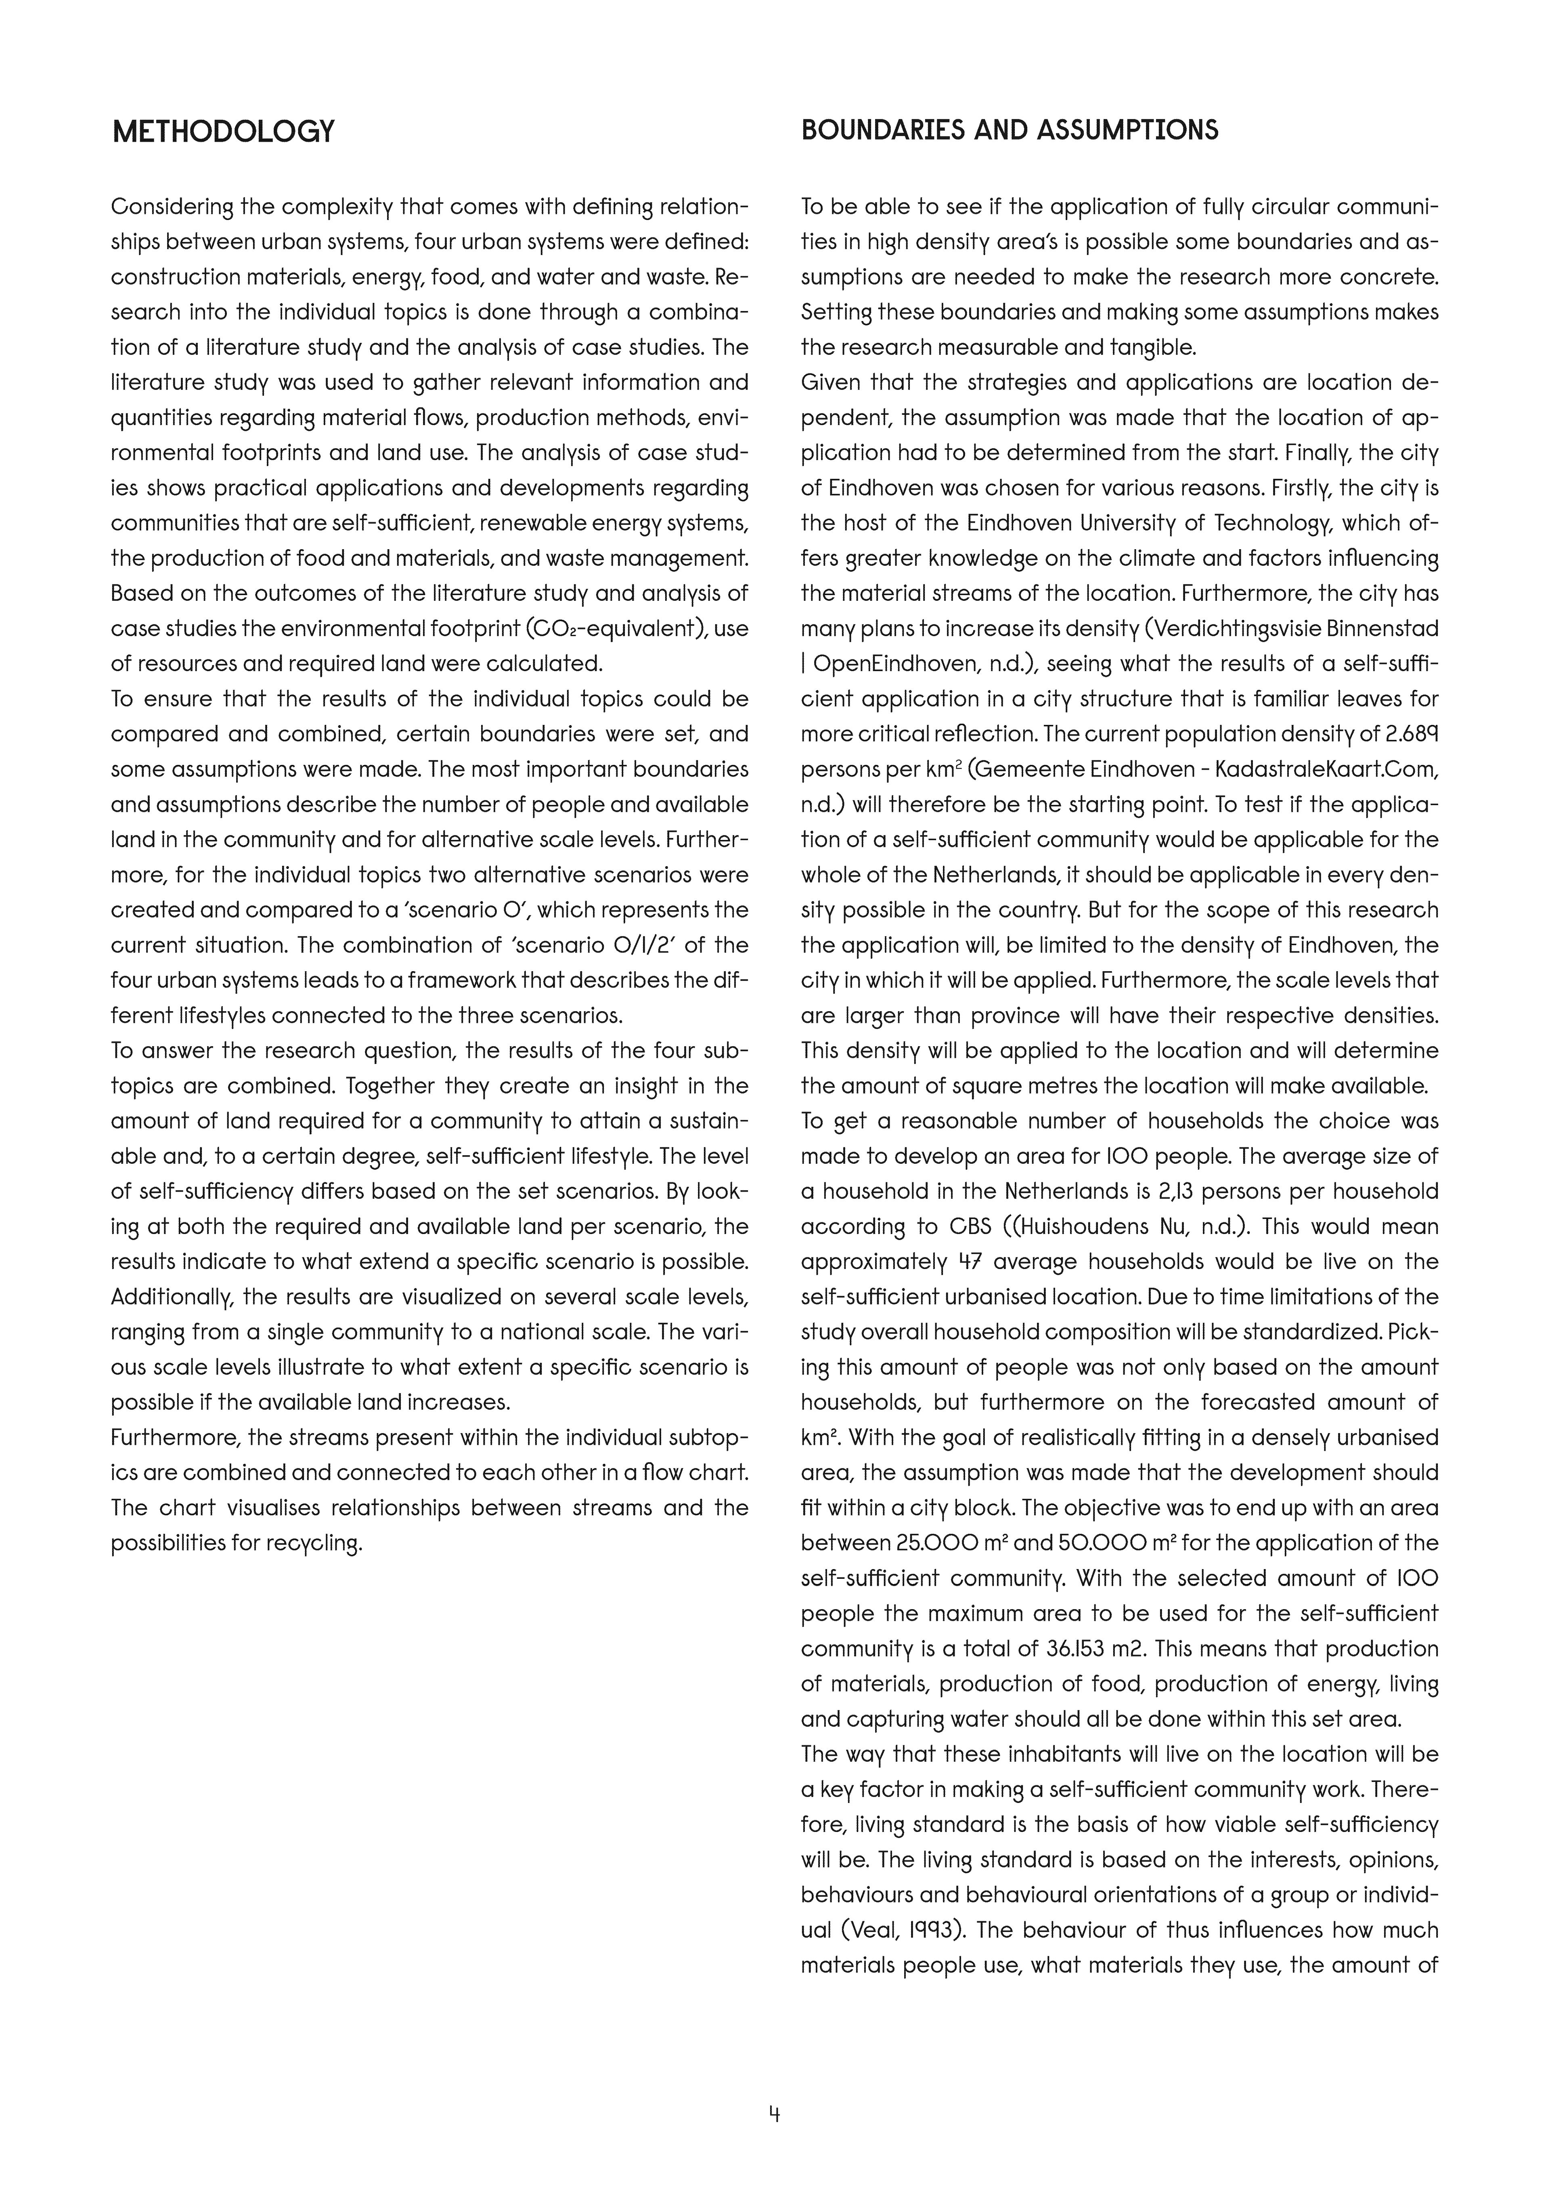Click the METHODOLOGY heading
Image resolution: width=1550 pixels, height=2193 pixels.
point(224,132)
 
